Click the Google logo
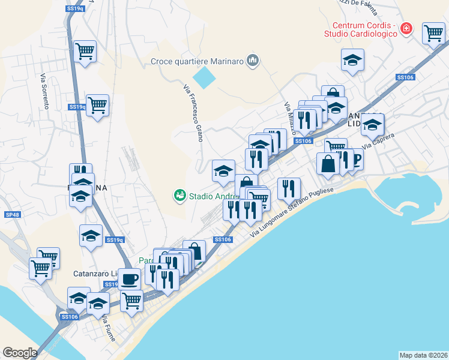pyautogui.click(x=20, y=353)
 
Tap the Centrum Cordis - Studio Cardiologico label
pyautogui.click(x=365, y=29)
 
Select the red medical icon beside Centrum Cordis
pyautogui.click(x=406, y=28)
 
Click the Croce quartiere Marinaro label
pyautogui.click(x=197, y=61)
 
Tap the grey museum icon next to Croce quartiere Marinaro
pyautogui.click(x=252, y=60)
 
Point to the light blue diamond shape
pyautogui.click(x=204, y=77)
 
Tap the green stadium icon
pyautogui.click(x=179, y=195)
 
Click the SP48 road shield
pyautogui.click(x=12, y=215)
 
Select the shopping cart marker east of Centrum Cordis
pyautogui.click(x=433, y=33)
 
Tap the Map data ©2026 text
pyautogui.click(x=424, y=355)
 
